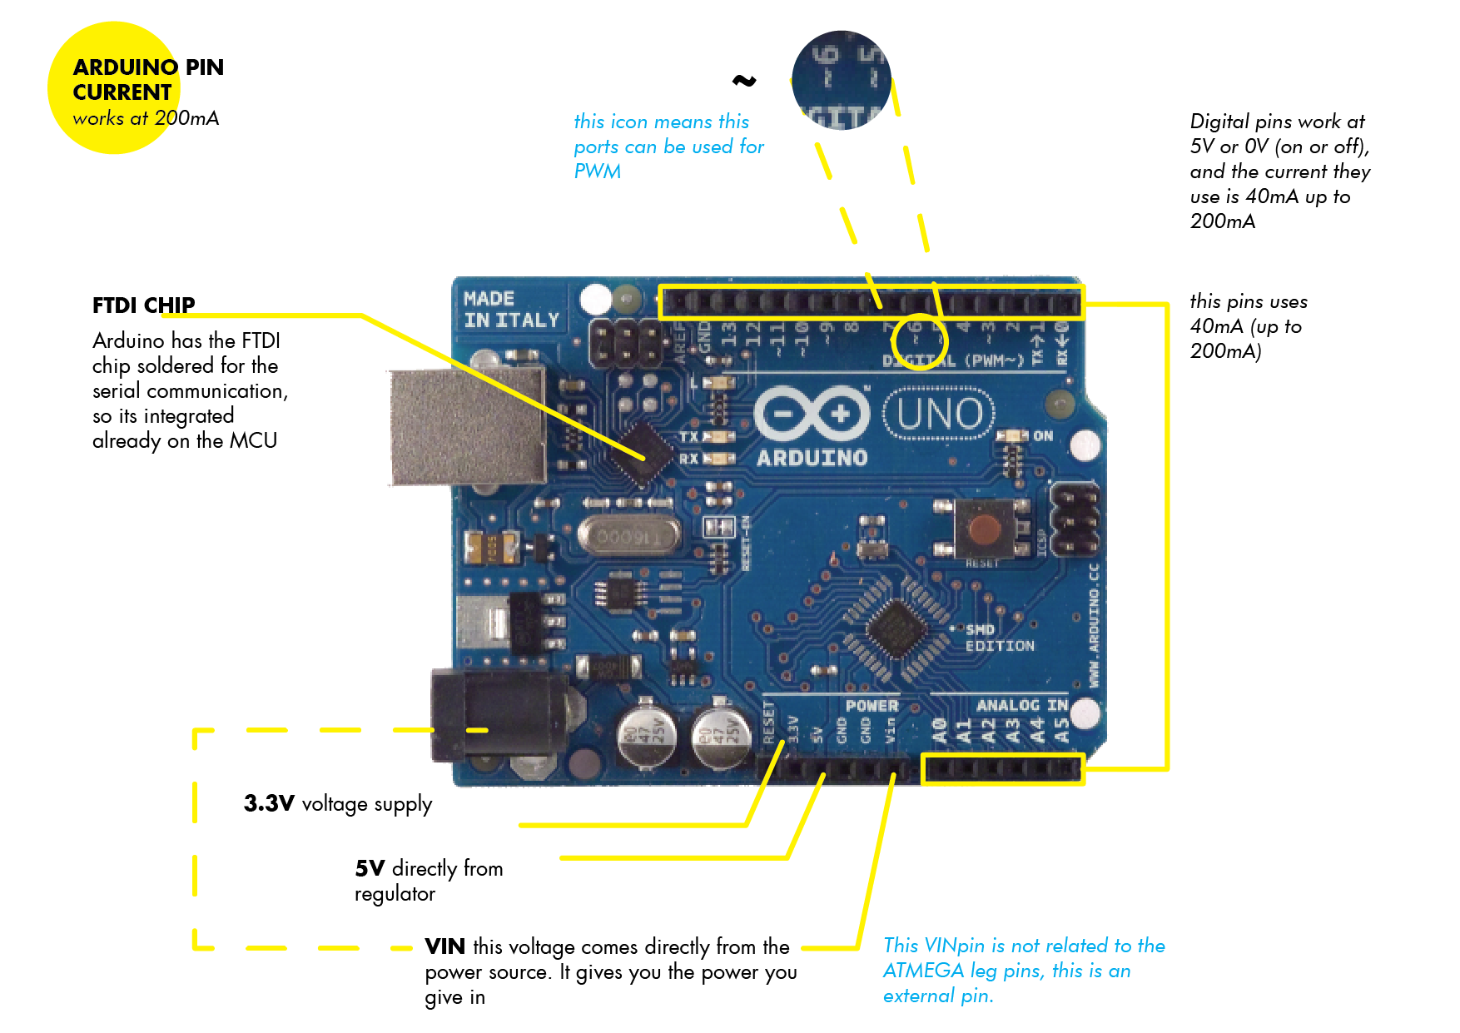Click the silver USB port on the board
(466, 426)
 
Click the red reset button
(985, 529)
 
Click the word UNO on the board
(940, 414)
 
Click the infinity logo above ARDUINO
(812, 413)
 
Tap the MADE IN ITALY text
(510, 310)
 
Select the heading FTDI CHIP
(143, 305)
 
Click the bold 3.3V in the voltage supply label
(268, 803)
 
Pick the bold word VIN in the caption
(444, 946)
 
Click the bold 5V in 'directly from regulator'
(369, 869)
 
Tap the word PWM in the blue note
(597, 171)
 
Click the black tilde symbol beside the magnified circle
(743, 81)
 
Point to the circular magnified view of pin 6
(841, 81)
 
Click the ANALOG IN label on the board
(1021, 706)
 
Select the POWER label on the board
(872, 706)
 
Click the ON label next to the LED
(1043, 435)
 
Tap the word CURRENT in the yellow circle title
(122, 92)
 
